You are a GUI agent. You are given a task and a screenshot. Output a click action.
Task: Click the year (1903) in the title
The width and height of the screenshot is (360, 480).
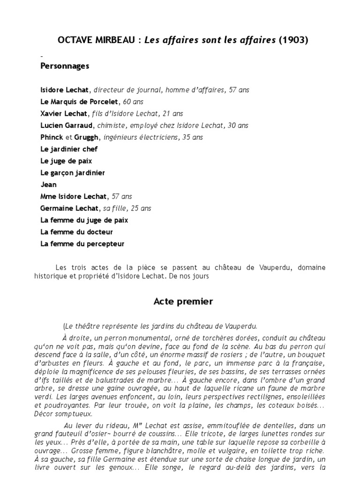[293, 40]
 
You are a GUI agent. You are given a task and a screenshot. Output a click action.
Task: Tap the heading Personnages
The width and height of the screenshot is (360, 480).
[65, 66]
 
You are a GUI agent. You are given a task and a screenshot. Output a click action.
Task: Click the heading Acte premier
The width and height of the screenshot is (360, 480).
[183, 301]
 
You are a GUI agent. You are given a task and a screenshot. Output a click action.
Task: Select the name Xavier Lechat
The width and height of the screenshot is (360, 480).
[63, 113]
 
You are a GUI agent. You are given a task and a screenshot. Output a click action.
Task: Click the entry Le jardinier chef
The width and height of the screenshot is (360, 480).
[69, 149]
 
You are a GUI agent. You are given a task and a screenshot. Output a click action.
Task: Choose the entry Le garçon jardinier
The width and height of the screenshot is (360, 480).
[73, 172]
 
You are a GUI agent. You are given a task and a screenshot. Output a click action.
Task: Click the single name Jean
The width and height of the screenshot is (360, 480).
[49, 185]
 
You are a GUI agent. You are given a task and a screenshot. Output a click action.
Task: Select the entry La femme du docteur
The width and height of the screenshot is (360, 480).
[76, 232]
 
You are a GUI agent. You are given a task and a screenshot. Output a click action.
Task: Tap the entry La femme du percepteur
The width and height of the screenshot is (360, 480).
[82, 244]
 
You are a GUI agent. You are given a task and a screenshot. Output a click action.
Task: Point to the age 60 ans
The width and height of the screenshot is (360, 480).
[133, 102]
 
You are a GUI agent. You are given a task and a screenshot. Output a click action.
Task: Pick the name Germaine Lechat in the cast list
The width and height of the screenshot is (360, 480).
[69, 208]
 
